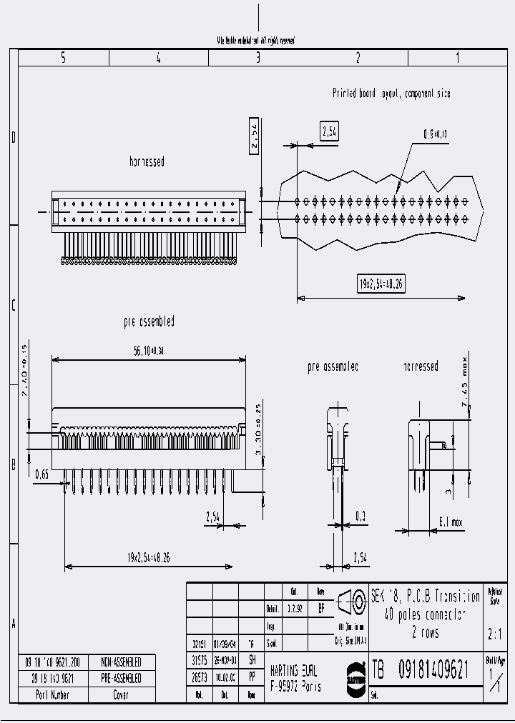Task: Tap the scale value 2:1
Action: point(494,633)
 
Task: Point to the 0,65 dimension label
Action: point(43,474)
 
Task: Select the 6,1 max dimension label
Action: point(448,523)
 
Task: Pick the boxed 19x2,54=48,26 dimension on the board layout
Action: point(381,283)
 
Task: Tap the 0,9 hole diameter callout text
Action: point(434,134)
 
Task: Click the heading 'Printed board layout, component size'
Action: point(391,94)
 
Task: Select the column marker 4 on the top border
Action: point(158,58)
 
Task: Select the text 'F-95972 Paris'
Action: point(295,687)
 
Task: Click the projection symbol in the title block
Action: point(350,602)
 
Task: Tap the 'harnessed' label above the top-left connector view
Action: point(147,161)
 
